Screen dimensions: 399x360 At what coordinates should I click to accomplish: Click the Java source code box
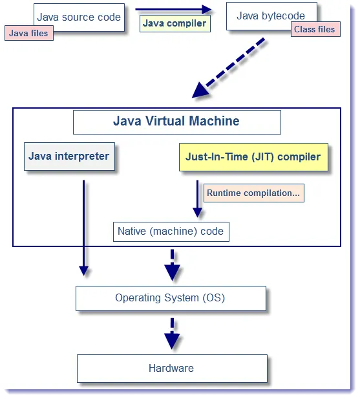[x=78, y=17]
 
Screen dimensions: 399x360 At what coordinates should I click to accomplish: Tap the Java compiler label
[x=175, y=23]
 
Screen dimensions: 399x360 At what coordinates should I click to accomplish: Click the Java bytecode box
[x=271, y=16]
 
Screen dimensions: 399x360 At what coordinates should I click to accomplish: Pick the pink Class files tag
[x=315, y=29]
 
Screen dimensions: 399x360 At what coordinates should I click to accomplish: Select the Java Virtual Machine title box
[x=176, y=122]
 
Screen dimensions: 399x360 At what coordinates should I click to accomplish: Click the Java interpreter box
[x=69, y=156]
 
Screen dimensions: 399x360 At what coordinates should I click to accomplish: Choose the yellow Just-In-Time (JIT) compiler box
[x=253, y=157]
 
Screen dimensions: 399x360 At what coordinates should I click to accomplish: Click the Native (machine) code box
[x=171, y=232]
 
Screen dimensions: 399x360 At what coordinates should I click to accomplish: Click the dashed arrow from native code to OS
[x=172, y=265]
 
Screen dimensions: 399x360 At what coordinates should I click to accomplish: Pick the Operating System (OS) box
[x=171, y=298]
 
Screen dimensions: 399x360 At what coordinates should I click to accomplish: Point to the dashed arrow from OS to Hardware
[x=171, y=333]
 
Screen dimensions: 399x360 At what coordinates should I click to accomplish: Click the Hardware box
[x=171, y=368]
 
